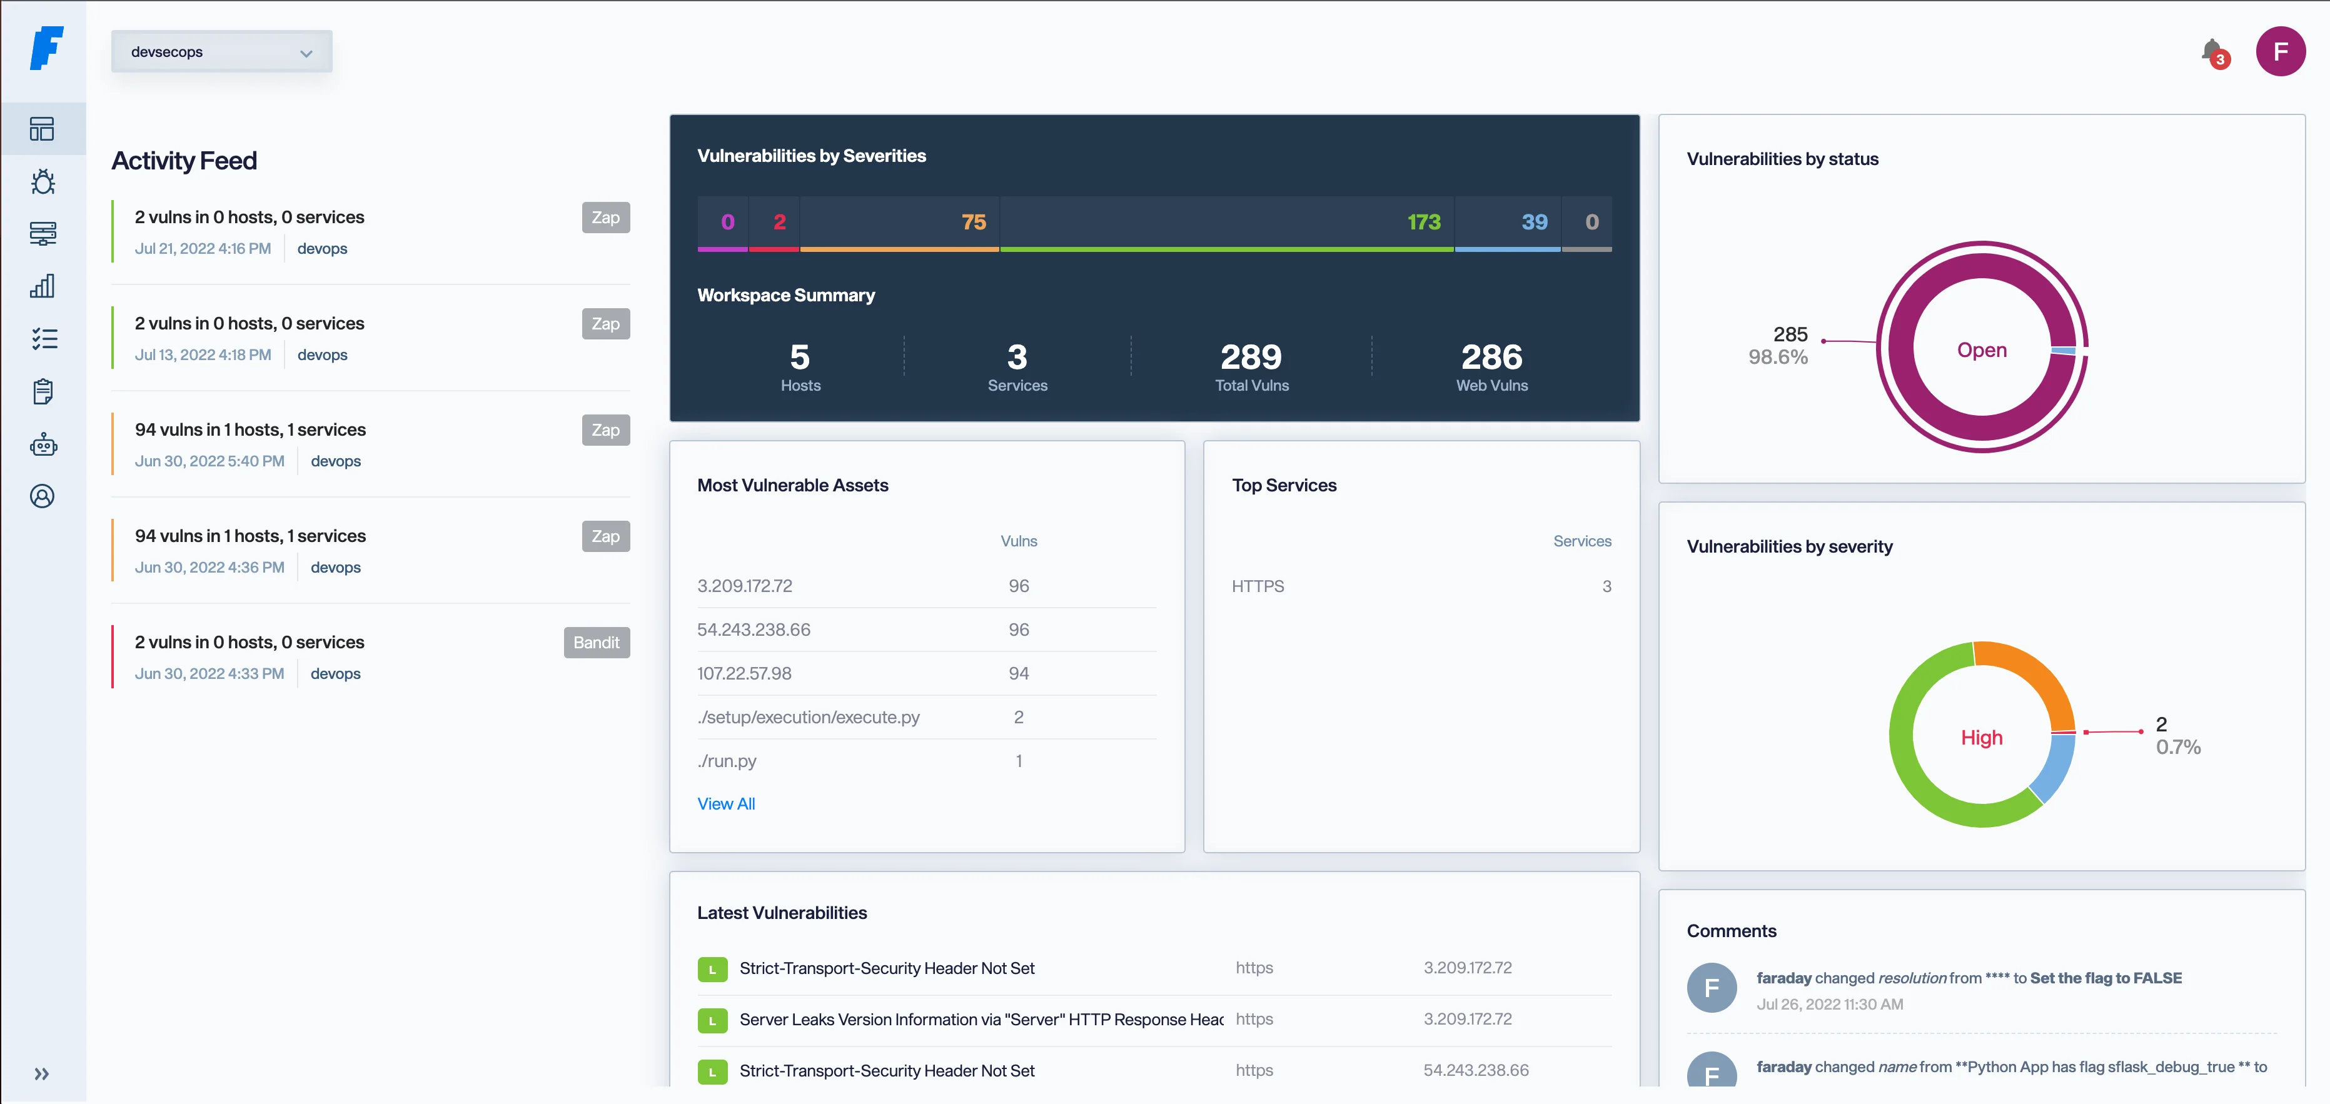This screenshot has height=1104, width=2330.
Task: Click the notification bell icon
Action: [2212, 51]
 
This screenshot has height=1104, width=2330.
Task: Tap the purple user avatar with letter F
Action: [2279, 51]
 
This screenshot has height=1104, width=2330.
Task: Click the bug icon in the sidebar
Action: [43, 183]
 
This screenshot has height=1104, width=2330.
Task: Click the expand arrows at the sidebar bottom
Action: [42, 1074]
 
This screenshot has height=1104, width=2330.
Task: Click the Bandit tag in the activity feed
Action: [596, 643]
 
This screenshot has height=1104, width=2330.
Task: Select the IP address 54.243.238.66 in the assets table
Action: [754, 630]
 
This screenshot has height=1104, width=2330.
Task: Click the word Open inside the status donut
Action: [1981, 351]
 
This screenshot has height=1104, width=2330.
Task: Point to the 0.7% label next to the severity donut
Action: [2177, 748]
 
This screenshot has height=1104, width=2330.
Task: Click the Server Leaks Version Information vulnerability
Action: [981, 1020]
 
